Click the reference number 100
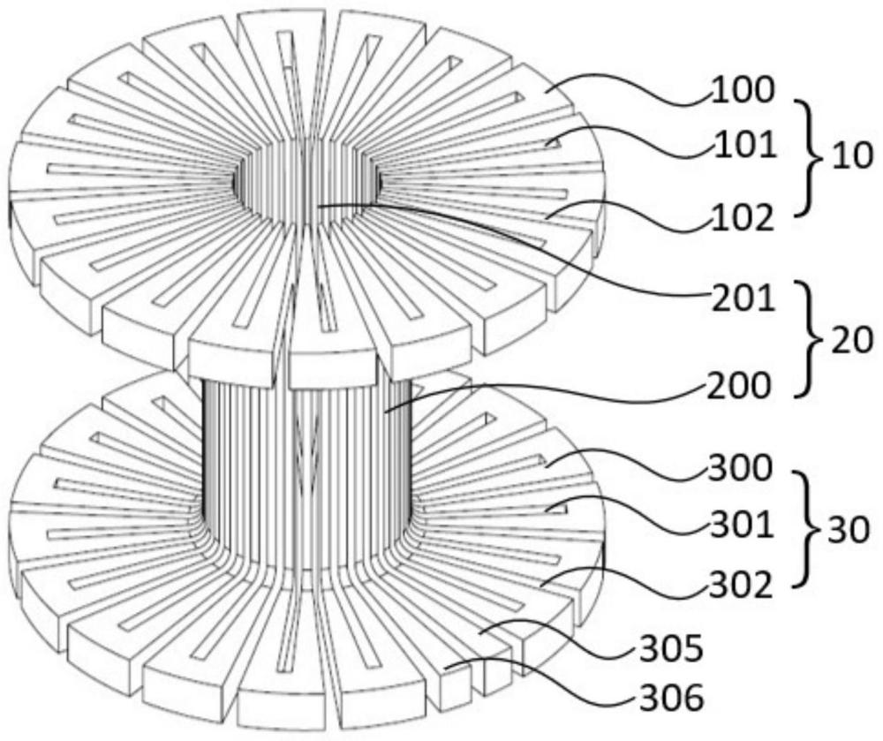(743, 91)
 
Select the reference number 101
(745, 147)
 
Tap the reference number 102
(743, 218)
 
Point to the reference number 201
(743, 299)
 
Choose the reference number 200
(738, 385)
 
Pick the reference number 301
(741, 526)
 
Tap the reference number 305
(671, 648)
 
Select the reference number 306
(671, 699)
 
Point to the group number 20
(852, 340)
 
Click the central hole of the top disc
(307, 179)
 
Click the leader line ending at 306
(540, 684)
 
